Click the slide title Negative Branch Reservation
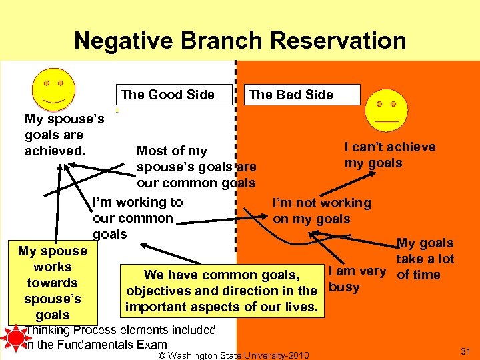pos(240,41)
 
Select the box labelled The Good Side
pos(168,95)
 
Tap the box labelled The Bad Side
pos(291,95)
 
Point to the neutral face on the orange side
pos(385,109)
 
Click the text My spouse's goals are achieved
pos(64,135)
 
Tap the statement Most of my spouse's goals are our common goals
pos(196,167)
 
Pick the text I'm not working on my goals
pos(321,211)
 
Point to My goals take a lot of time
pos(425,259)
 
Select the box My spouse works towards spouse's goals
pos(52,283)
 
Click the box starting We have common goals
pos(221,291)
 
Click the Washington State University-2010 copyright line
pos(233,355)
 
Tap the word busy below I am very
pos(344,287)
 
